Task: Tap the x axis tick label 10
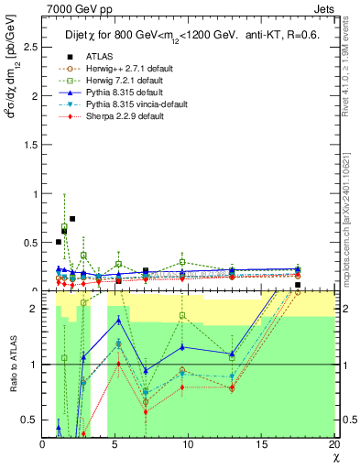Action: coord(189,444)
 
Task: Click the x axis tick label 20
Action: coord(333,444)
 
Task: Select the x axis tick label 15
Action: coord(261,444)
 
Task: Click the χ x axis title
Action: coord(335,457)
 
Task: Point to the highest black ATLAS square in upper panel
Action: coord(72,219)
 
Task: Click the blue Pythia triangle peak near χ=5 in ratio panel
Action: coord(118,320)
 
